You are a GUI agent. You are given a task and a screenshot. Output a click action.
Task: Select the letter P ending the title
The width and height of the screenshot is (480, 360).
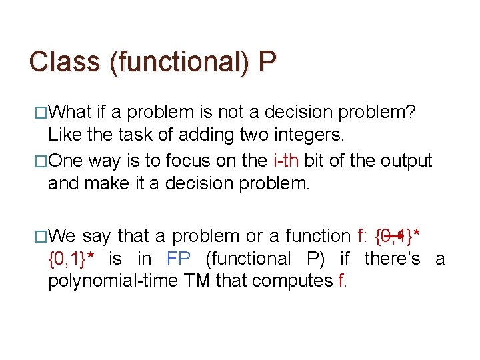click(x=267, y=62)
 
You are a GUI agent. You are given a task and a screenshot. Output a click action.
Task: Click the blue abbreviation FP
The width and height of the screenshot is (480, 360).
click(x=179, y=259)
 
